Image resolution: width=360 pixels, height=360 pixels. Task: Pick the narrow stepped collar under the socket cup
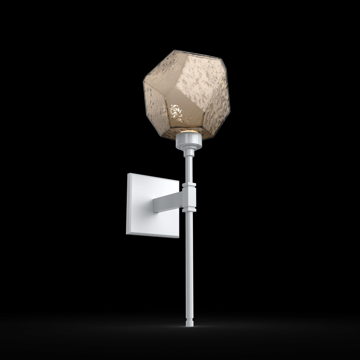[188, 151]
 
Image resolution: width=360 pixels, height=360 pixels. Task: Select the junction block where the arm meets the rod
[189, 197]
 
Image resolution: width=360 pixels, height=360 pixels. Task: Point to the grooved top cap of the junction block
[189, 185]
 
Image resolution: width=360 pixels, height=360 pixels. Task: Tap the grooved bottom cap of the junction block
[189, 209]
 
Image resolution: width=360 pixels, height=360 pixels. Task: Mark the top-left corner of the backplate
[129, 174]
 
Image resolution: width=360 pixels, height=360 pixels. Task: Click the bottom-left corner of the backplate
[127, 233]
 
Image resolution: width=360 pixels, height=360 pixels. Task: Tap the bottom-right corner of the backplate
[179, 237]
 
